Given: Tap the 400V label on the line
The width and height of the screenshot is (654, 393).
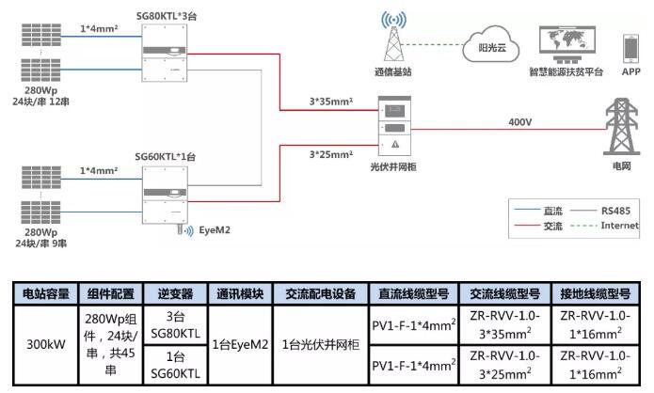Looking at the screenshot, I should pyautogui.click(x=520, y=121).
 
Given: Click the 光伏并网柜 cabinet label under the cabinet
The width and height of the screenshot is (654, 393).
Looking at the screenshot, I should pyautogui.click(x=393, y=166).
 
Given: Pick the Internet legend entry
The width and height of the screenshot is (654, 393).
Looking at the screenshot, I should pyautogui.click(x=618, y=226).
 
